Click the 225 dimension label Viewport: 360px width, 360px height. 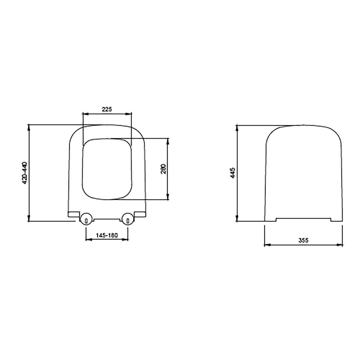coord(107,109)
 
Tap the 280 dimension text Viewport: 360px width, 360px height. coord(163,169)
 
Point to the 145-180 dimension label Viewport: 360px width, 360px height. coord(107,235)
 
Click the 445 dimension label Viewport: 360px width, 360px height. coord(233,173)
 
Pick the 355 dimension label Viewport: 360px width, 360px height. coord(303,240)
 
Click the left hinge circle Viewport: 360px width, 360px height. coord(86,219)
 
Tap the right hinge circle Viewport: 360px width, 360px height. coord(128,219)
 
